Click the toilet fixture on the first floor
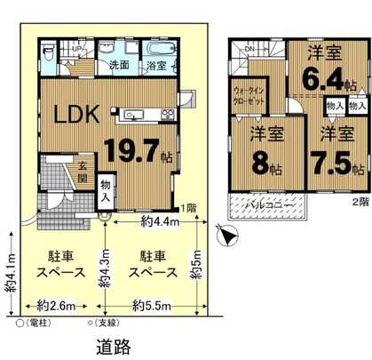(x=48, y=53)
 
